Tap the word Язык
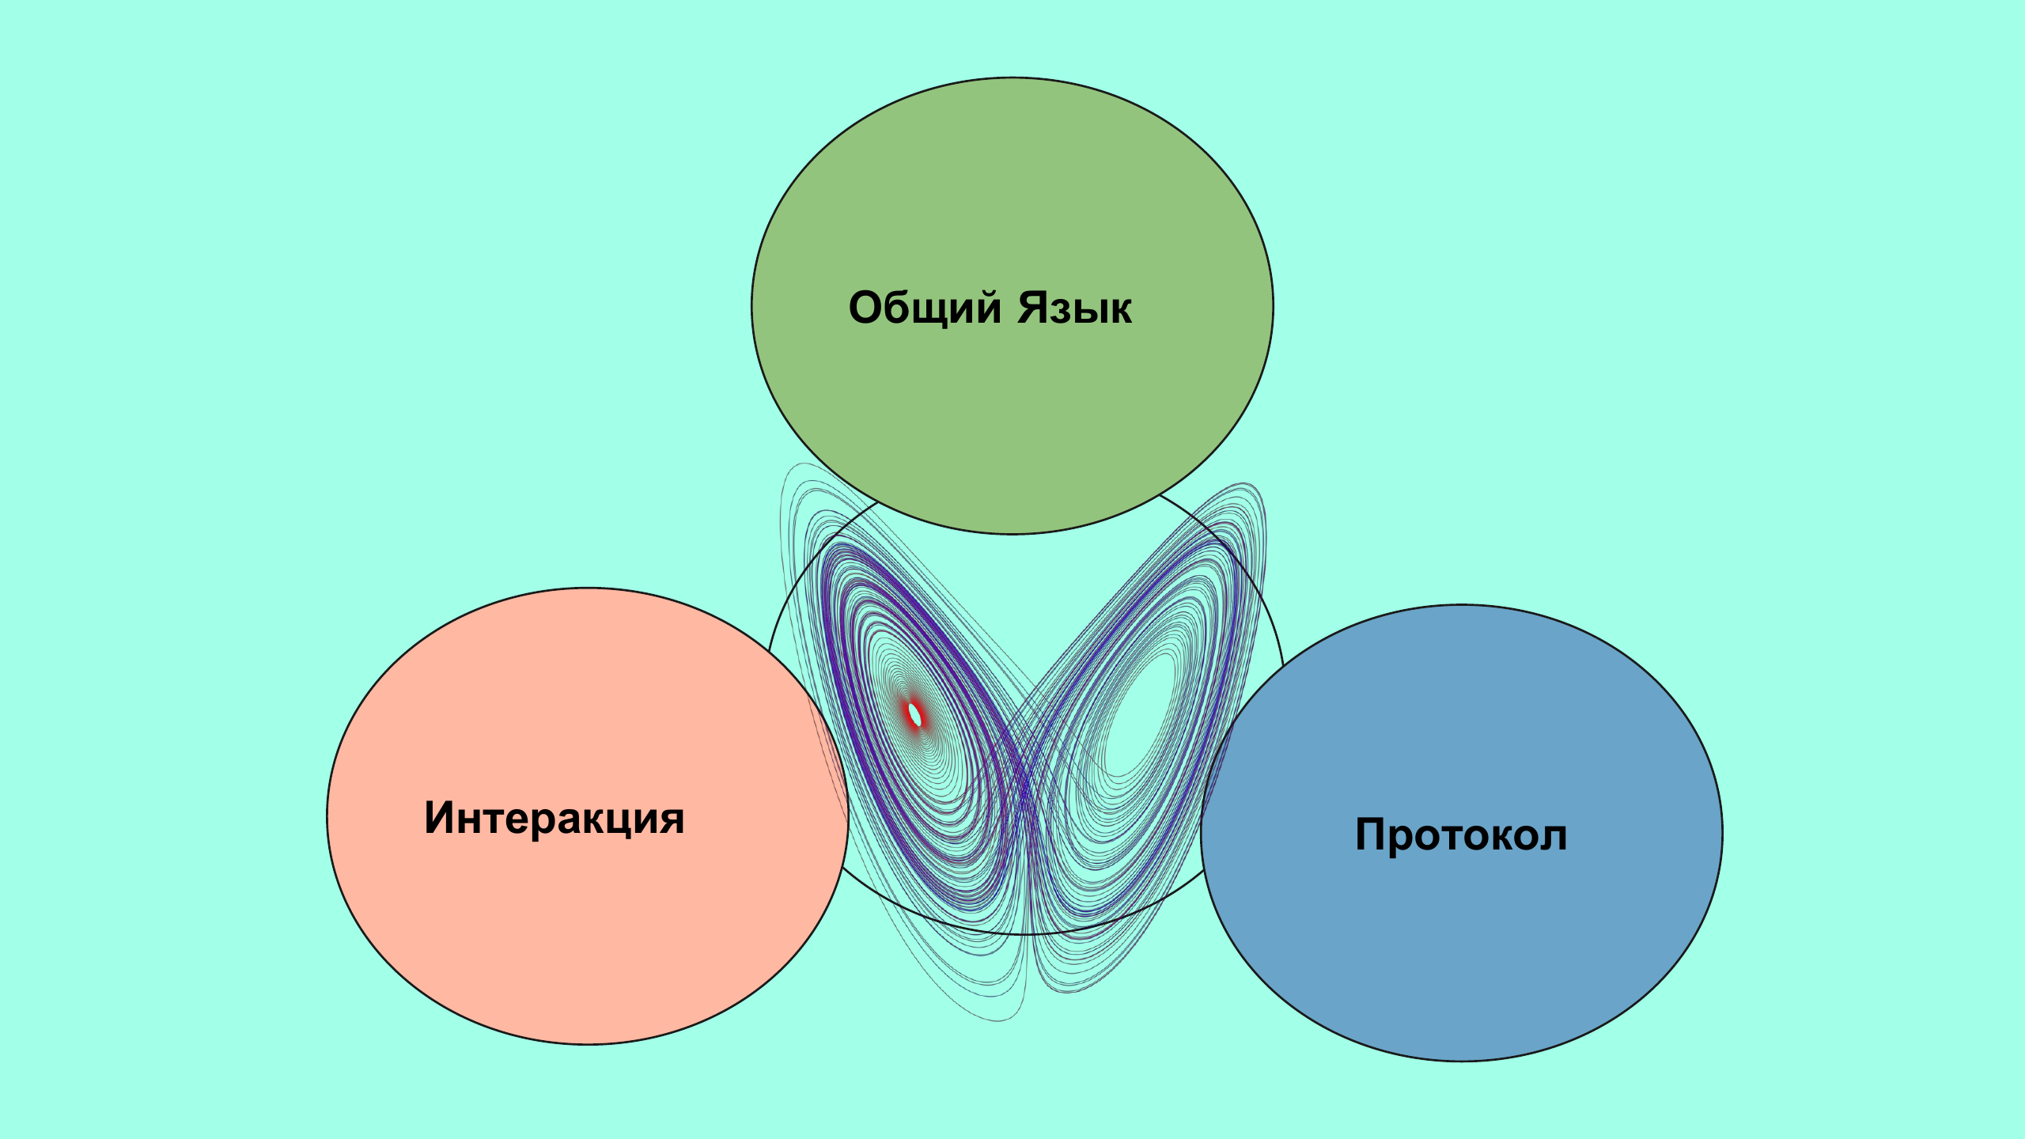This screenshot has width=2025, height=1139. (1074, 308)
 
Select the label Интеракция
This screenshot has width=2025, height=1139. (554, 818)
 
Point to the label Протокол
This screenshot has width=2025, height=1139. (1461, 834)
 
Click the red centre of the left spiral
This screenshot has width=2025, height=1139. (915, 714)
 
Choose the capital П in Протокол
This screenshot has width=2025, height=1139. (1372, 834)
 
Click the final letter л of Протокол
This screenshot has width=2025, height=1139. (1553, 837)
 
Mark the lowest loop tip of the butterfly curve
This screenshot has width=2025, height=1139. (1001, 1019)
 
